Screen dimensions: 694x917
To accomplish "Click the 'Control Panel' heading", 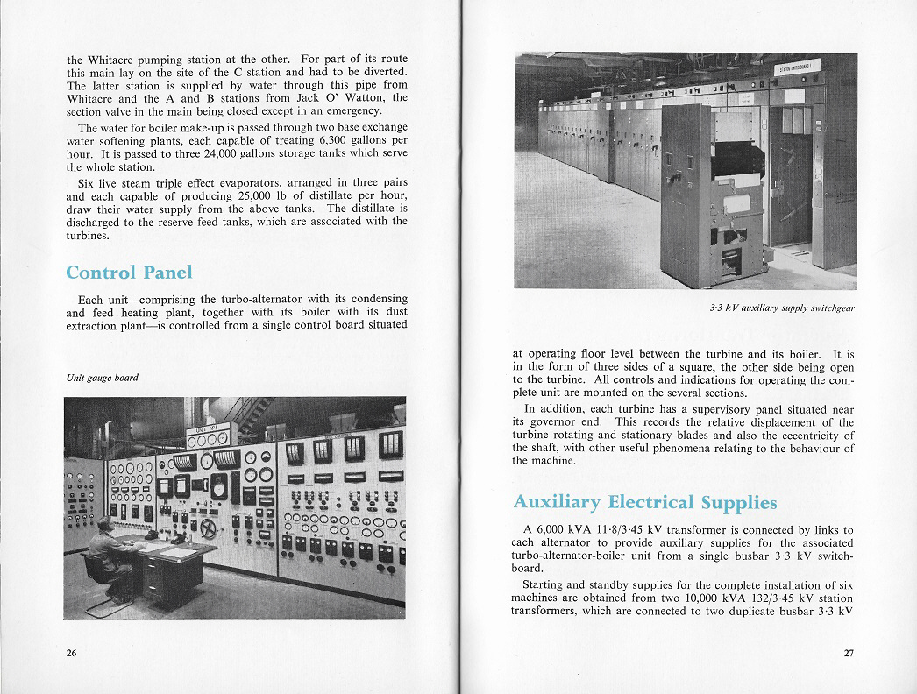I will pos(128,272).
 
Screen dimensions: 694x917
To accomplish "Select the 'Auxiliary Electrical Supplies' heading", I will pos(644,502).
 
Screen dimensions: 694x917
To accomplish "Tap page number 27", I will pos(848,653).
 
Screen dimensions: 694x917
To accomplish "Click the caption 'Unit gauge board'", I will pos(103,379).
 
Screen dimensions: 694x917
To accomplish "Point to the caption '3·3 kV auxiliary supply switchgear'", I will pos(782,308).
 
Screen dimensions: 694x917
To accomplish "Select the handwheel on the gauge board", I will pos(209,528).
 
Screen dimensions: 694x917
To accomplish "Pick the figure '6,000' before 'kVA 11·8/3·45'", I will pos(554,530).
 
